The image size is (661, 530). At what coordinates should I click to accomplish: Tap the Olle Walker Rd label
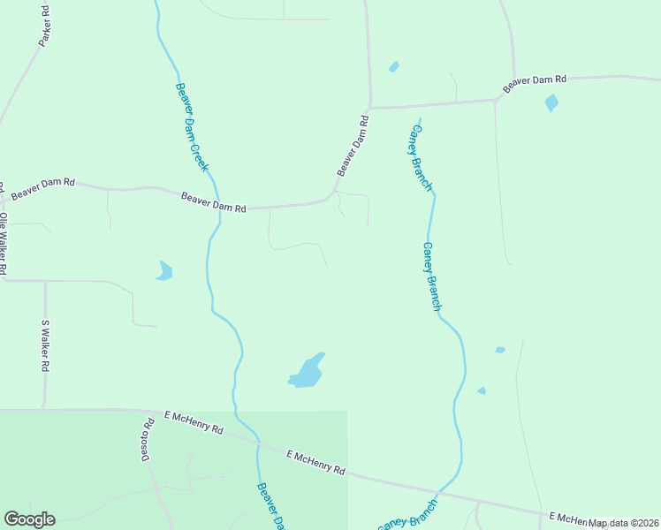click(x=4, y=242)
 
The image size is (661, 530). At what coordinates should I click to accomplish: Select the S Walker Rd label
click(x=45, y=345)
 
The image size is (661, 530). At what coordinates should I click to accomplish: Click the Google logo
click(x=29, y=519)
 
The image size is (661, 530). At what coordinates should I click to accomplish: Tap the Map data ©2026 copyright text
click(x=624, y=523)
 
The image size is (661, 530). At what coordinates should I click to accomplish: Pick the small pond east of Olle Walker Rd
click(x=163, y=271)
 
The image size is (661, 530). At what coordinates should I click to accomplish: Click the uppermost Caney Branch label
click(x=418, y=156)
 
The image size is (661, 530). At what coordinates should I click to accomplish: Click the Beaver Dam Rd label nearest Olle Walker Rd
click(x=43, y=185)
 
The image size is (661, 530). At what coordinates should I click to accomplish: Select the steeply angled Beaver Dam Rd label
click(x=352, y=144)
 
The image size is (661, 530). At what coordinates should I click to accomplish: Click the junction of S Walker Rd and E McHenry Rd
click(x=44, y=410)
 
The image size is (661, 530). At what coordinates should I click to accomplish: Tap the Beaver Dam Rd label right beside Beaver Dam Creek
click(x=213, y=202)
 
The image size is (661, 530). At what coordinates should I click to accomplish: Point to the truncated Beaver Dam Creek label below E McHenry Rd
click(x=270, y=506)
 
